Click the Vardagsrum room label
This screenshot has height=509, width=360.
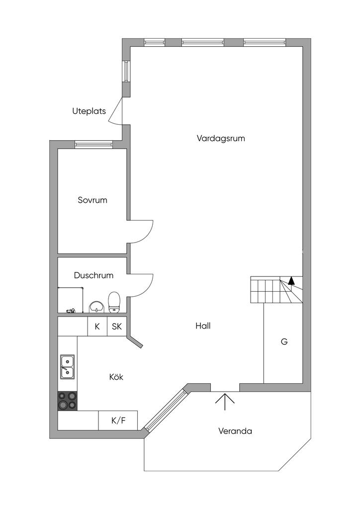[x=221, y=139]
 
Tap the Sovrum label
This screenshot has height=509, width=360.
[x=92, y=200]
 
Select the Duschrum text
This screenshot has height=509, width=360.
[x=93, y=275]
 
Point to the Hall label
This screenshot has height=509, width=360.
[x=203, y=326]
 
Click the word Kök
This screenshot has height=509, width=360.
[x=116, y=377]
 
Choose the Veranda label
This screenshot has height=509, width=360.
[x=235, y=431]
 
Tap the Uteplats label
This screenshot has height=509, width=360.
[x=89, y=111]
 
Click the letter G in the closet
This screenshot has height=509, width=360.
[x=284, y=342]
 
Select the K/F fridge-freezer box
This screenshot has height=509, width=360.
[x=118, y=421]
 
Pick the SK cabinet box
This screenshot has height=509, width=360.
[x=117, y=327]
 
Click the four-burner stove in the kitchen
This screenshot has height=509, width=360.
[x=68, y=401]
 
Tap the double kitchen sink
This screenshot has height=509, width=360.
[x=67, y=366]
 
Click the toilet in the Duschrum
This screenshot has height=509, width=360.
[x=114, y=302]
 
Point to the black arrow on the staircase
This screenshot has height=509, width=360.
[x=291, y=281]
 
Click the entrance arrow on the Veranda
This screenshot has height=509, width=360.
[x=225, y=401]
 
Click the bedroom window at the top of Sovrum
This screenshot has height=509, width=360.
[x=93, y=144]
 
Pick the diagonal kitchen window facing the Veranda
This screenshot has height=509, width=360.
[x=166, y=410]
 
